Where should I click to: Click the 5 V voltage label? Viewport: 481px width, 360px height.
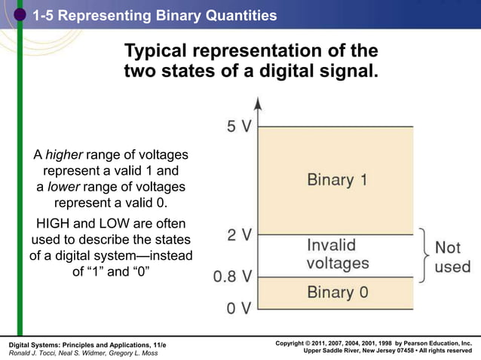pyautogui.click(x=239, y=126)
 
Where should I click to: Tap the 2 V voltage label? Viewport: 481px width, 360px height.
pyautogui.click(x=239, y=234)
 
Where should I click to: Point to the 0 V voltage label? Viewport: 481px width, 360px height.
pyautogui.click(x=239, y=309)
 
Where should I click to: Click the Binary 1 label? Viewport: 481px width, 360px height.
pyautogui.click(x=337, y=180)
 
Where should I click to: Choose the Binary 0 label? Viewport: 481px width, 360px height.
pyautogui.click(x=337, y=292)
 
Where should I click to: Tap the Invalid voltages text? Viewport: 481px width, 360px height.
pyautogui.click(x=337, y=254)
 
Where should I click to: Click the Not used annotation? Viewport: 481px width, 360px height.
pyautogui.click(x=452, y=257)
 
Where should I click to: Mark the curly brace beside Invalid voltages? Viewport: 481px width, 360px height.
pyautogui.click(x=424, y=255)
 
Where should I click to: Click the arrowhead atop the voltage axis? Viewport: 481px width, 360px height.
pyautogui.click(x=258, y=103)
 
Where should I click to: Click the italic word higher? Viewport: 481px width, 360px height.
pyautogui.click(x=64, y=155)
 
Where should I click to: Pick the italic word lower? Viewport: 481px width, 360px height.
pyautogui.click(x=64, y=187)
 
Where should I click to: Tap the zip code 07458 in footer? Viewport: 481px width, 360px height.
pyautogui.click(x=395, y=351)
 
